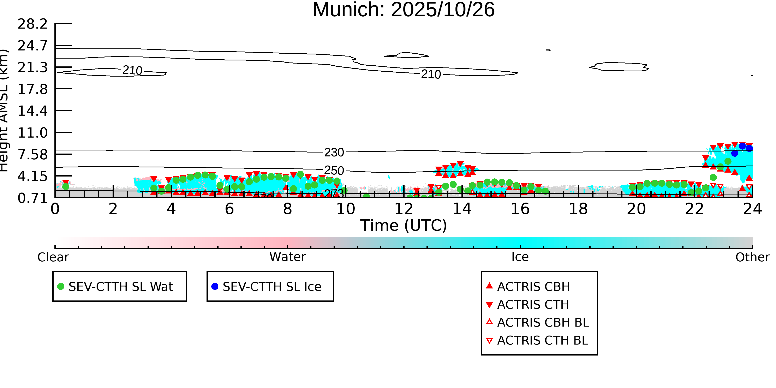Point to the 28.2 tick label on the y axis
[32, 24]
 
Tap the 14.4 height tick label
[32, 111]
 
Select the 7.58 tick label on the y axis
[32, 155]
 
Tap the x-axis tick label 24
[752, 209]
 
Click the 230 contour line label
[334, 153]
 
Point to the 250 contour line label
[334, 171]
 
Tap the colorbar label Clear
[53, 257]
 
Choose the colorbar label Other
[752, 257]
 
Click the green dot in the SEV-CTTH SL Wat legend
[61, 286]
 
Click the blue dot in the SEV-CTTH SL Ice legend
[215, 286]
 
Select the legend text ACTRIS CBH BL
[543, 322]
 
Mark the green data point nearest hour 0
[66, 186]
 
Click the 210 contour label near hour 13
[431, 74]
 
